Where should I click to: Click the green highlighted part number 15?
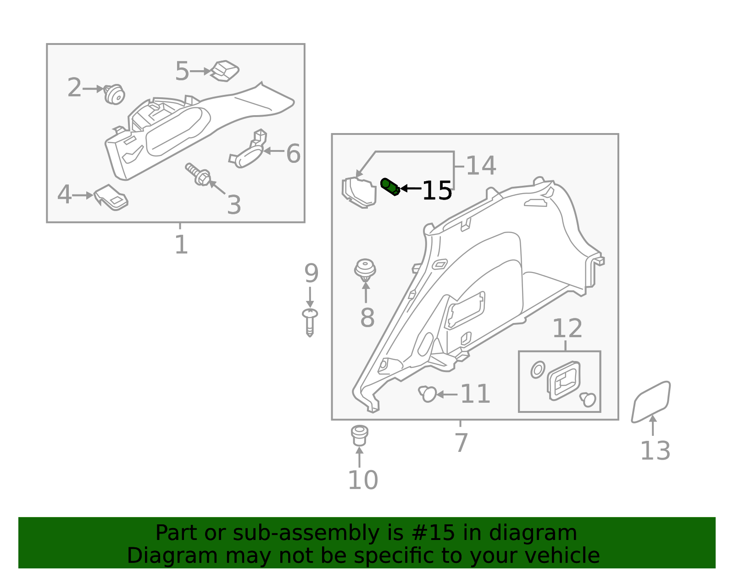390,187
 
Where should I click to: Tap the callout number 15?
437,191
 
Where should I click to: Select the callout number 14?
481,166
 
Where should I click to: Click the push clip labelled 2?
114,94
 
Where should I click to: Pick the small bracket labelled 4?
111,197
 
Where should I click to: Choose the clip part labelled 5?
224,71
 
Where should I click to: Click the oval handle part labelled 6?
247,149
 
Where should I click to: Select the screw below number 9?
310,322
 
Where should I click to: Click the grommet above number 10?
359,435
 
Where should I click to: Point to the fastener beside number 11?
427,394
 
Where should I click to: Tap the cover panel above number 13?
651,402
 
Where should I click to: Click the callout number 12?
567,328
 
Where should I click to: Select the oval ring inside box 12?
538,370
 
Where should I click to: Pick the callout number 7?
461,443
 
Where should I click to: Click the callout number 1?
181,245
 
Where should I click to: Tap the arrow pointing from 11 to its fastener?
447,394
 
